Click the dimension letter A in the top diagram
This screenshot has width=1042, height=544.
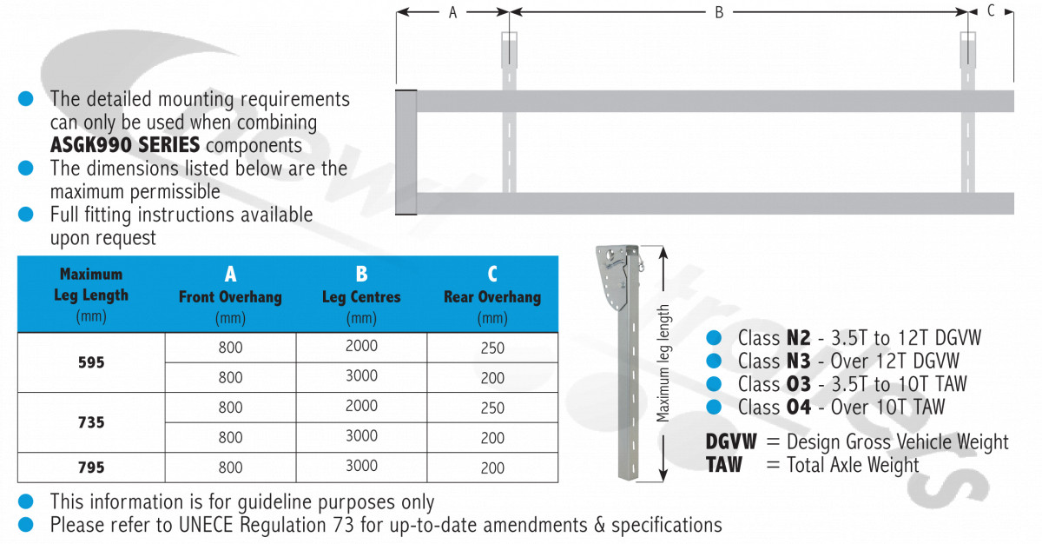(452, 12)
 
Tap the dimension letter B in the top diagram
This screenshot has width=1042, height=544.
(719, 12)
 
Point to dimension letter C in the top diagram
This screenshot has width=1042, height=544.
(991, 10)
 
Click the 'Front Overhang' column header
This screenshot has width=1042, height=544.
(230, 297)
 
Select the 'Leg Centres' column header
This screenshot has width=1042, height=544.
(361, 297)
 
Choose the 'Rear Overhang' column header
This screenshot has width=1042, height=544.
(492, 297)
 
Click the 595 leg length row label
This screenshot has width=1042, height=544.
(91, 362)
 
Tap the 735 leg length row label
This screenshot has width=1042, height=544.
(91, 422)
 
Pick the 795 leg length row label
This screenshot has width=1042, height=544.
(91, 468)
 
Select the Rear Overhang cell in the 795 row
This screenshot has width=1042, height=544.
(492, 468)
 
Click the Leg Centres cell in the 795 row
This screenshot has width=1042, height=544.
(361, 468)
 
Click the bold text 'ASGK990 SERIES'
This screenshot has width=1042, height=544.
(125, 145)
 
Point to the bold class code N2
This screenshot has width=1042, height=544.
(798, 338)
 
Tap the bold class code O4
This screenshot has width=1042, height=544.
(798, 408)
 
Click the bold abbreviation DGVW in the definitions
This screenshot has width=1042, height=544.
(731, 441)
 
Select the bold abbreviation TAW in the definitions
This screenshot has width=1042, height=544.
(724, 465)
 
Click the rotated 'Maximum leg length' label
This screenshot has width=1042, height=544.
(663, 363)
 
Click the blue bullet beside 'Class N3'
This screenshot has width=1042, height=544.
(714, 361)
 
